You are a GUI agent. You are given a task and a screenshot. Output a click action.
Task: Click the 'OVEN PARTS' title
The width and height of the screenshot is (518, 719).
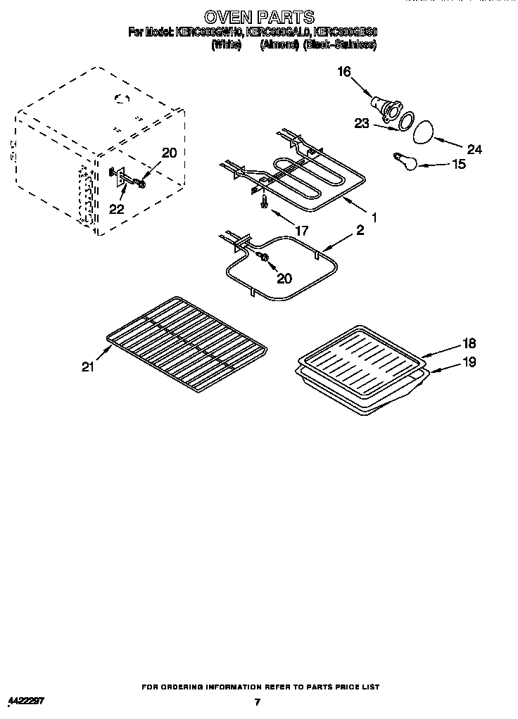pyautogui.click(x=259, y=15)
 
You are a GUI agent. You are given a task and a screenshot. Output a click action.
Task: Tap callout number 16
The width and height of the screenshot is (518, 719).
pyautogui.click(x=344, y=72)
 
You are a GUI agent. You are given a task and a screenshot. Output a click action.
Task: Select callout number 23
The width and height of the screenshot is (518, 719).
pyautogui.click(x=362, y=124)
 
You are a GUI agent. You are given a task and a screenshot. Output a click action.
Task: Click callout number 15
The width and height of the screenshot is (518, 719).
pyautogui.click(x=458, y=165)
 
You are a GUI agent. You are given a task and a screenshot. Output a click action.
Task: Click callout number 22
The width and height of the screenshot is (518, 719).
pyautogui.click(x=117, y=209)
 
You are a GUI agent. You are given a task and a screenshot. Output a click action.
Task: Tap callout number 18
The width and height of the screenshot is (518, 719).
pyautogui.click(x=469, y=343)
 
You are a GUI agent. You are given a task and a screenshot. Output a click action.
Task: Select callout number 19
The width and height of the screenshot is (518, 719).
pyautogui.click(x=469, y=362)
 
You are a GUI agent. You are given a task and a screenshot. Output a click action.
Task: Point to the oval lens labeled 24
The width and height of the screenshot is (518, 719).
pyautogui.click(x=422, y=131)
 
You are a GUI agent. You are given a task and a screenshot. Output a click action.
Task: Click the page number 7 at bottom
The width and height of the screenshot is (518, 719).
pyautogui.click(x=258, y=701)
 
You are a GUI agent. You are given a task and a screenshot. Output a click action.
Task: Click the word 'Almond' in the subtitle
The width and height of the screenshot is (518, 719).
pyautogui.click(x=279, y=44)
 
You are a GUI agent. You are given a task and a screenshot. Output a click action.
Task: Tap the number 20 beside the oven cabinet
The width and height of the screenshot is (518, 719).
pyautogui.click(x=170, y=153)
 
